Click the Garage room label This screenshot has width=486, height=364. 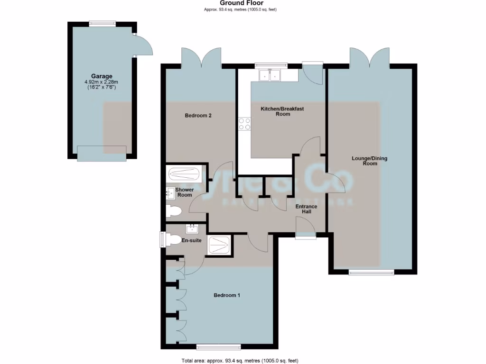point(102,76)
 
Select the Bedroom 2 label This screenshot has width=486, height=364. point(198,114)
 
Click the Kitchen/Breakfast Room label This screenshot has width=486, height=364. point(282,111)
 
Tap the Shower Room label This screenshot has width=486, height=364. point(184,192)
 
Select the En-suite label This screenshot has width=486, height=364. point(192,240)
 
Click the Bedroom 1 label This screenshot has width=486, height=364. point(226,295)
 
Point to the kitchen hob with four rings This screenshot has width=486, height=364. point(244,124)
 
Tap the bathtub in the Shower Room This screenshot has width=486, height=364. point(185,174)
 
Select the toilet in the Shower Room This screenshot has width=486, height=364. point(173,211)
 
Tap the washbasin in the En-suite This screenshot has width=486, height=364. point(193,229)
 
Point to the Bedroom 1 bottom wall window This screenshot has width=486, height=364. point(218,346)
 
